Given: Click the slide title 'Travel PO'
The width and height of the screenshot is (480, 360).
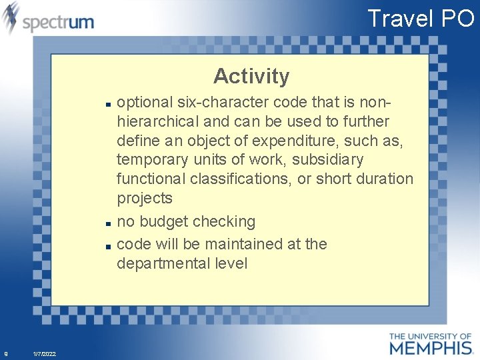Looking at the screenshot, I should (420, 18).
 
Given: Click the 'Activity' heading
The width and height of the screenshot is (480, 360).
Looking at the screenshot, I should (251, 76).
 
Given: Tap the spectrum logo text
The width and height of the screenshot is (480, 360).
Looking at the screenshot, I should (58, 22).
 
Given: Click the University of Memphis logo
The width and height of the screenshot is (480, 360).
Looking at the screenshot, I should (430, 343).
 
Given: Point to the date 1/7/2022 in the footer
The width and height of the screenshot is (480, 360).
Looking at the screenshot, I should (44, 353).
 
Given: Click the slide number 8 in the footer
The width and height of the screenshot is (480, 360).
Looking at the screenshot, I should (6, 353).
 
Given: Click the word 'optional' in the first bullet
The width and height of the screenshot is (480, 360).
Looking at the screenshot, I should (141, 102).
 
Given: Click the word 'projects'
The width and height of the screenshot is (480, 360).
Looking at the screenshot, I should (144, 198).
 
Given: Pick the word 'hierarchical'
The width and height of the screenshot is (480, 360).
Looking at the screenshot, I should (158, 121).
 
